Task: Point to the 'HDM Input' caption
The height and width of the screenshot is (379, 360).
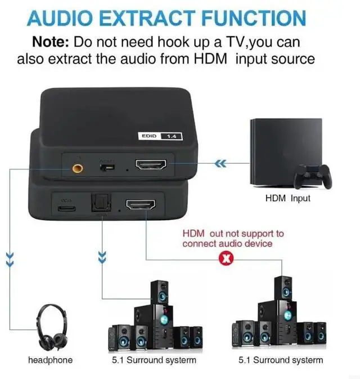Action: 287,198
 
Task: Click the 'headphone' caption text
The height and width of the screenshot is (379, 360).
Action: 50,360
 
